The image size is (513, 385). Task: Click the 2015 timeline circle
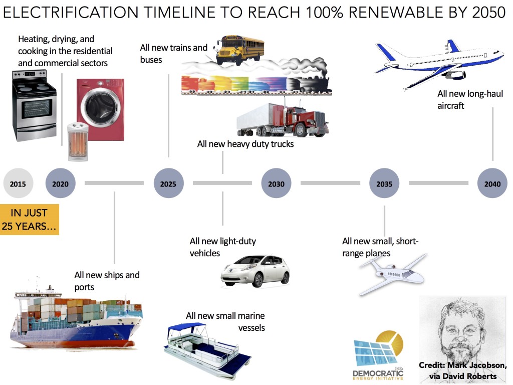coord(18,183)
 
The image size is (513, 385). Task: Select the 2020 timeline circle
coord(61,183)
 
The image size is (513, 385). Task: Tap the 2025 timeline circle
coord(168,183)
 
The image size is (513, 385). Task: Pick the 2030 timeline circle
coord(277,183)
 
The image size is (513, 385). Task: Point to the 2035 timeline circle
coord(384,183)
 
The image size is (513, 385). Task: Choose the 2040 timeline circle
coord(492,183)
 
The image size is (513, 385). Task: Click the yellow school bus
coord(239,50)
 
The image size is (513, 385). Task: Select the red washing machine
coord(100,110)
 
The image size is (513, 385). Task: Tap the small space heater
coord(78,141)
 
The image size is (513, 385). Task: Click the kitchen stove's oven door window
coord(37,109)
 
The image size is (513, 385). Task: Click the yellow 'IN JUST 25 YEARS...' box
coord(30,220)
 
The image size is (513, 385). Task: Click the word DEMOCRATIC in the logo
coord(378,373)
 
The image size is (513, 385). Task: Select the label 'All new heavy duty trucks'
coord(245,144)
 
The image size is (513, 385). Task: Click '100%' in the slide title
coord(325,13)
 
